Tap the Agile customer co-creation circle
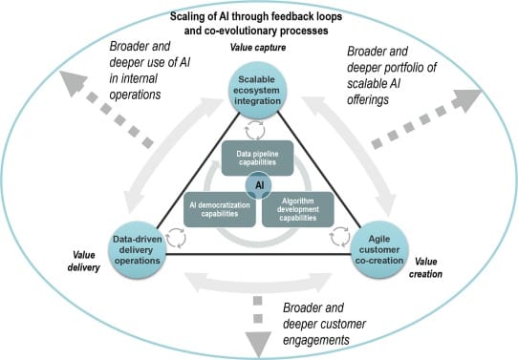click(382, 245)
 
